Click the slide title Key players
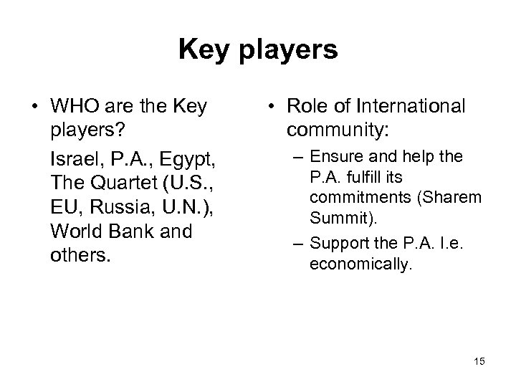(x=257, y=50)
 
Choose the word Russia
(x=107, y=207)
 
